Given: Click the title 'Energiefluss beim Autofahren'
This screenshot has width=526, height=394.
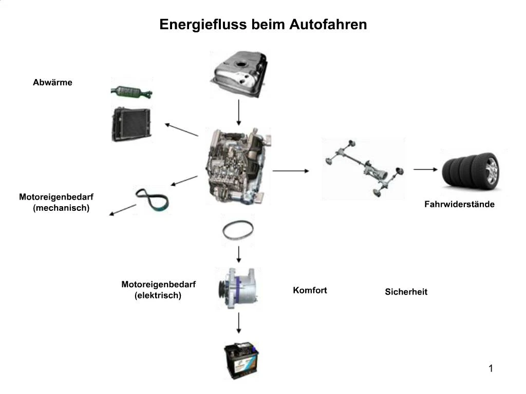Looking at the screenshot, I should click(263, 25).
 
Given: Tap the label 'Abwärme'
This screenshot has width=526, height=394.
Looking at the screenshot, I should click(52, 82).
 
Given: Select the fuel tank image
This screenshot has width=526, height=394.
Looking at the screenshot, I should click(239, 74).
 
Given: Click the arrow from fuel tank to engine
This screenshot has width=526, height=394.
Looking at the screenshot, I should click(239, 112).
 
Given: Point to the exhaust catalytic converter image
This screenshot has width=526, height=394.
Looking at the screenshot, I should click(131, 92).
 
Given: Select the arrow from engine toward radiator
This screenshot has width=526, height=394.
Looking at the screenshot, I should click(181, 129).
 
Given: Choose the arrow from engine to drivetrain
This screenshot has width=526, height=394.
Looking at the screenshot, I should click(291, 170).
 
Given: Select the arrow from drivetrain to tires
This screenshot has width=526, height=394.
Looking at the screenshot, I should click(425, 169).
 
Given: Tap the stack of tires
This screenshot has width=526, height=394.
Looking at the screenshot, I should click(471, 169).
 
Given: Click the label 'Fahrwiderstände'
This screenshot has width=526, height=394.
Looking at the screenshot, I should click(459, 204).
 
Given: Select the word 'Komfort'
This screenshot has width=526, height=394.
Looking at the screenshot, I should click(310, 290).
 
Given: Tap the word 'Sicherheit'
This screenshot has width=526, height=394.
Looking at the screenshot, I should click(406, 292).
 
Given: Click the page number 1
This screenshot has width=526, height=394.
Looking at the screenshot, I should click(491, 368).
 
